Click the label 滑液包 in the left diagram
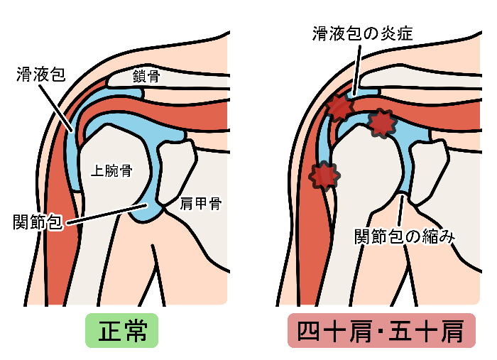pyautogui.click(x=40, y=74)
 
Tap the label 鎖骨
pyautogui.click(x=146, y=77)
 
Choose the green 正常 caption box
pyautogui.click(x=121, y=331)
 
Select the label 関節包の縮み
pyautogui.click(x=404, y=236)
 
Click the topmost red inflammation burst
pyautogui.click(x=339, y=107)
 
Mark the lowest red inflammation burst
pyautogui.click(x=324, y=175)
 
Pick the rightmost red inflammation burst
pyautogui.click(x=383, y=124)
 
